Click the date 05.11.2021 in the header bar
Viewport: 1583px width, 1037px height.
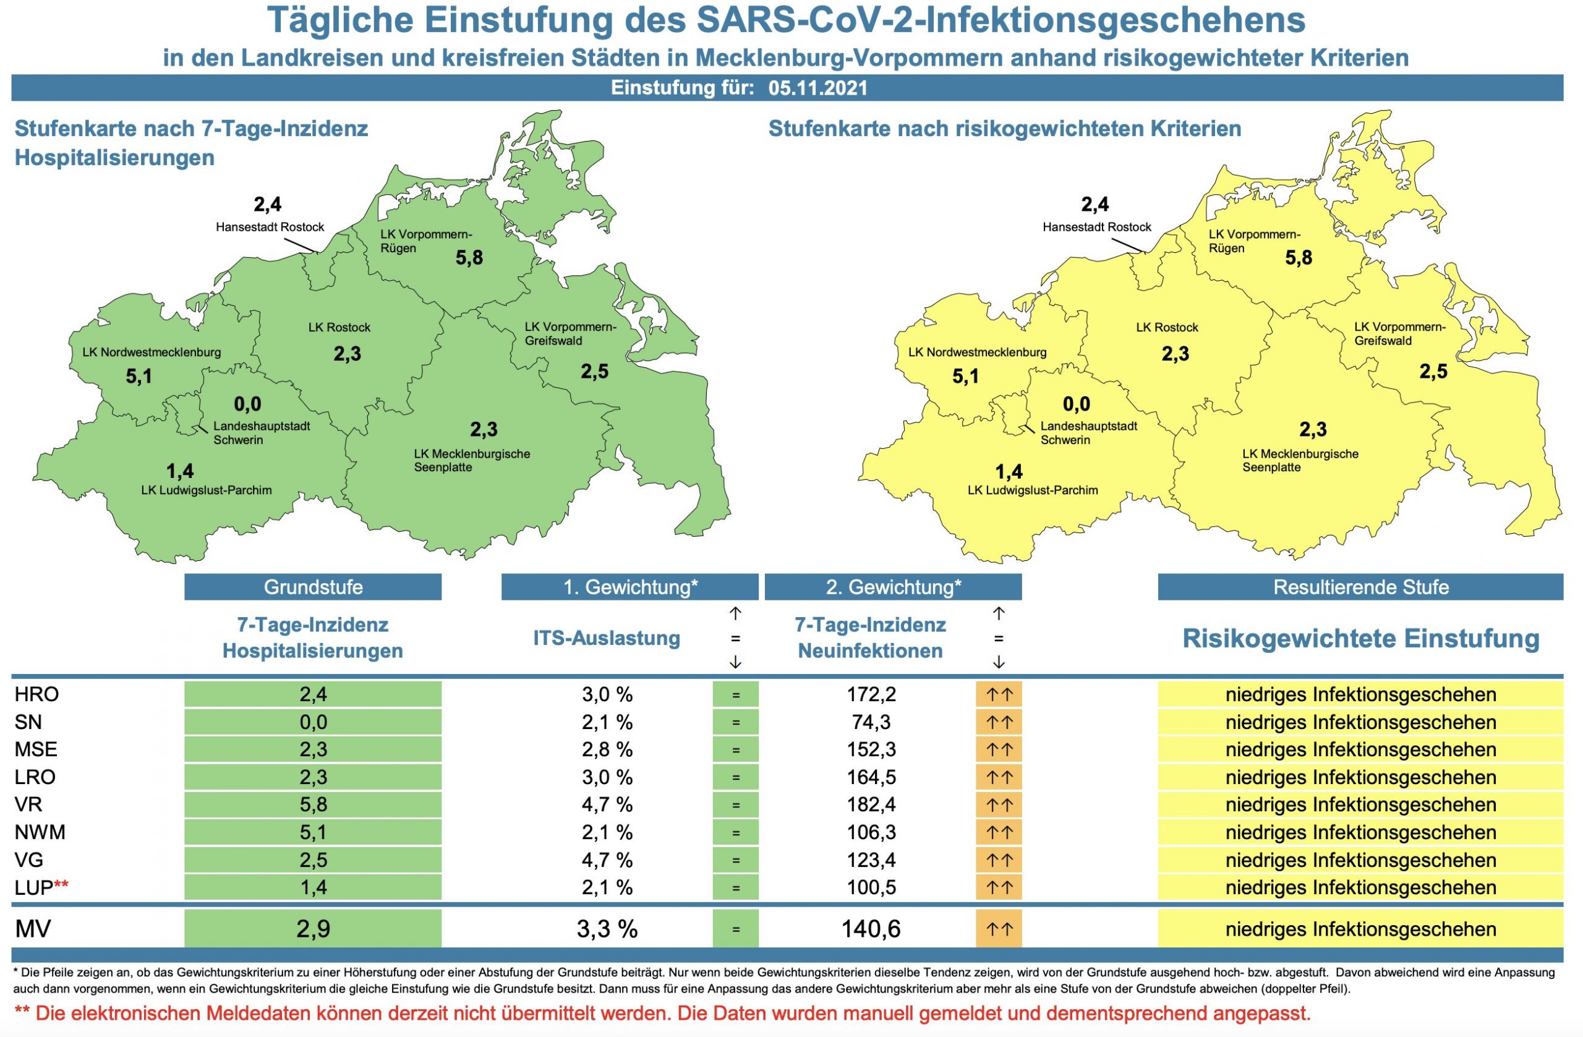[x=817, y=88]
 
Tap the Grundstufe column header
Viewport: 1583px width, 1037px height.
[x=313, y=587]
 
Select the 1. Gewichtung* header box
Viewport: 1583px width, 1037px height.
[x=630, y=587]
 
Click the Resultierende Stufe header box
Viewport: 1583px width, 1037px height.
[x=1360, y=587]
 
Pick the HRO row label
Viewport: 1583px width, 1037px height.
[x=36, y=694]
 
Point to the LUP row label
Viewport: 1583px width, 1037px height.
[x=34, y=887]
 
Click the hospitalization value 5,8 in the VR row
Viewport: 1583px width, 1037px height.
[x=313, y=805]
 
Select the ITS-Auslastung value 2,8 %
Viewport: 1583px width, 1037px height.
[x=607, y=749]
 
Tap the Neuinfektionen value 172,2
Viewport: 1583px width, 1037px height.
[x=871, y=694]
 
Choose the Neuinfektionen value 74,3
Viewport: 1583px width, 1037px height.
[x=871, y=722]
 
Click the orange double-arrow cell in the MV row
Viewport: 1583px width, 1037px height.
[x=999, y=929]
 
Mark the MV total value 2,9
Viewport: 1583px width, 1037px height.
[x=313, y=929]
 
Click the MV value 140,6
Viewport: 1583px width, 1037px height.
[x=871, y=929]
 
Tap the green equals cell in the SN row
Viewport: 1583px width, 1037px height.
[x=735, y=722]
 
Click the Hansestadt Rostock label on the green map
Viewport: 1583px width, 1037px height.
[x=270, y=227]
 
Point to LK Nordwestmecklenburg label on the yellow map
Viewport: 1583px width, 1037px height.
[x=977, y=352]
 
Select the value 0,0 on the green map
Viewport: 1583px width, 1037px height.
[x=247, y=404]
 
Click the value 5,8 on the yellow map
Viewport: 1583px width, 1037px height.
[x=1299, y=258]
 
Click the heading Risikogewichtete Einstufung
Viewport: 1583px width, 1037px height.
[x=1360, y=639]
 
